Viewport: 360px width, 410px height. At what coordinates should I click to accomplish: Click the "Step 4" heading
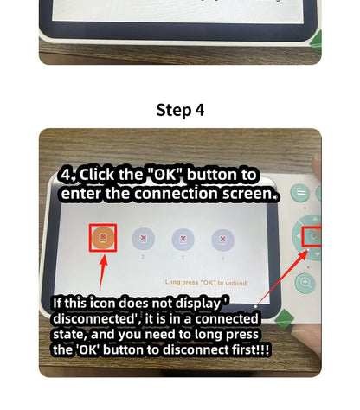(180, 110)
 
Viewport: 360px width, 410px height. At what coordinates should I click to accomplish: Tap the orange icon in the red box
(101, 238)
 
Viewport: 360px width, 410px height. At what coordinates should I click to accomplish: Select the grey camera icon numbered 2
(143, 239)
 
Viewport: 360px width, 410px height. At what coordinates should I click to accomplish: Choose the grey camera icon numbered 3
(183, 239)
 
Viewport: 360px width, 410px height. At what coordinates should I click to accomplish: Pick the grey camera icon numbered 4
(222, 239)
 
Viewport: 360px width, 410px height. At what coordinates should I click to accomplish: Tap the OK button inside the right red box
(313, 235)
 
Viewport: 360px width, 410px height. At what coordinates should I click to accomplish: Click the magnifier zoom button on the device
(305, 282)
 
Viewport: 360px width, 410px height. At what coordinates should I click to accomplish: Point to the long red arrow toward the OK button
(281, 272)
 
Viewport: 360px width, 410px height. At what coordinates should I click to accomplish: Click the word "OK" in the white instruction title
(161, 175)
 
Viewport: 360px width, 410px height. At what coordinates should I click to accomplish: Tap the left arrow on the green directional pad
(298, 235)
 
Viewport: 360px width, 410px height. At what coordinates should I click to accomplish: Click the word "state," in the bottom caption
(74, 334)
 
